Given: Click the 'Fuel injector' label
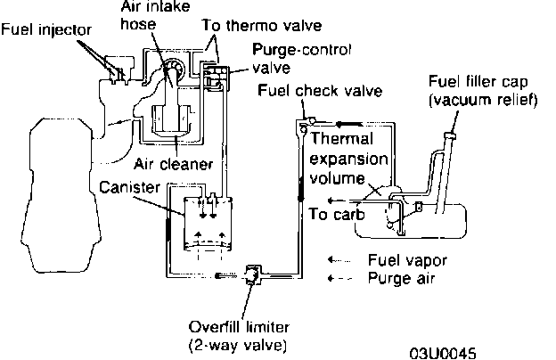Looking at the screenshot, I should (45, 29).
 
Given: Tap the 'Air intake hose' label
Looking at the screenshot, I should (152, 17).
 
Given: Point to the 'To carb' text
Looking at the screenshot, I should (331, 214).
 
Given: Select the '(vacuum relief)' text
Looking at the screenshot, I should (484, 100).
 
